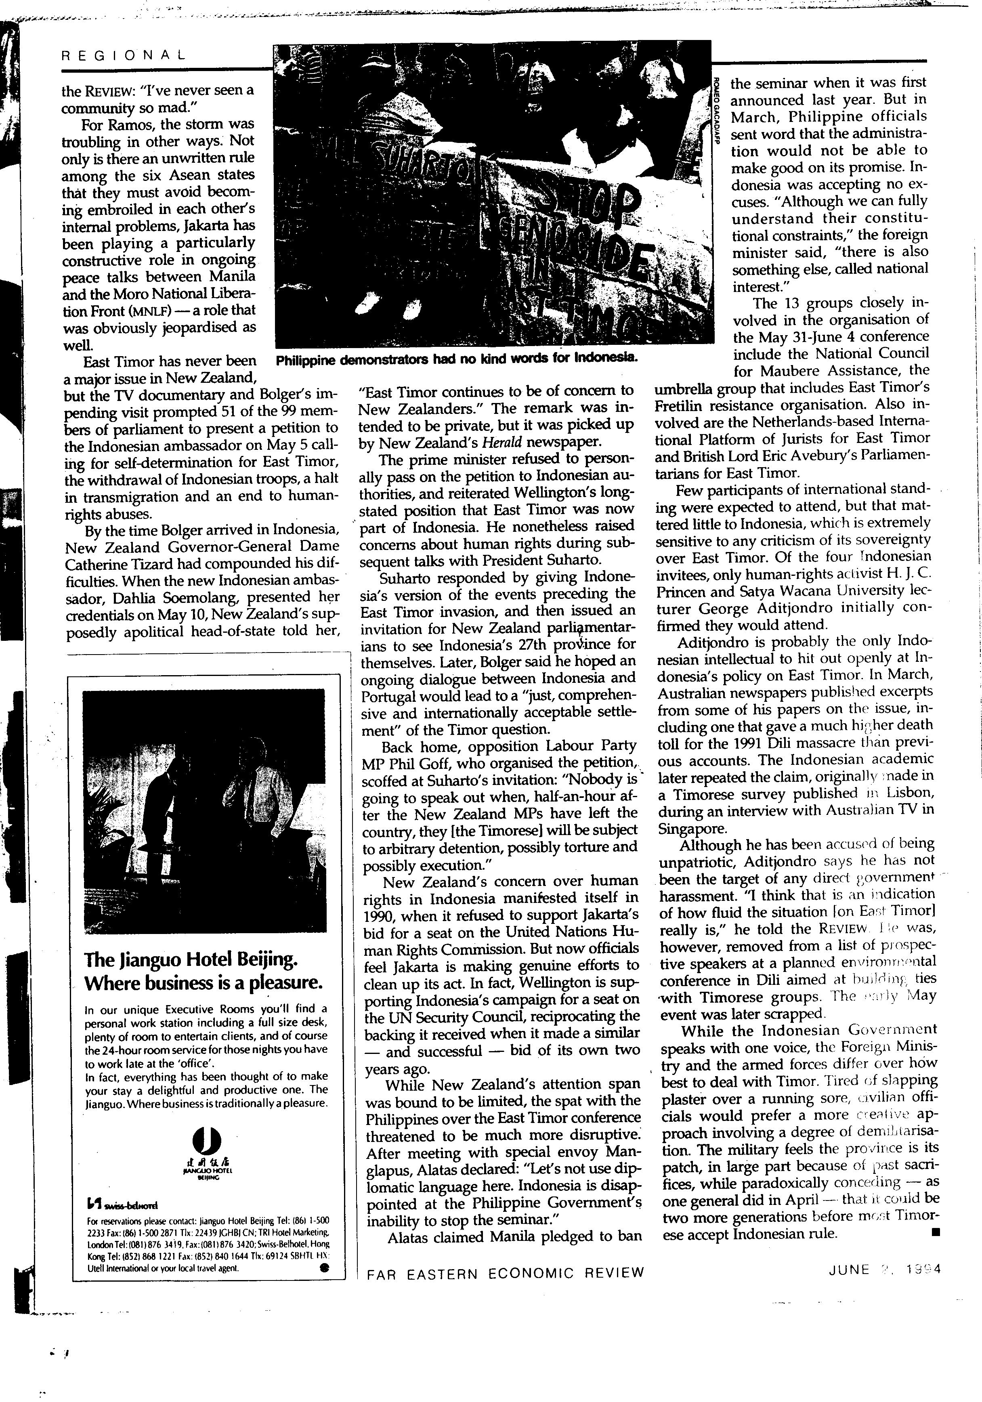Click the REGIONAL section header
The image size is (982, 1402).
pos(124,55)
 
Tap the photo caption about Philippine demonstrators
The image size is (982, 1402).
pos(457,359)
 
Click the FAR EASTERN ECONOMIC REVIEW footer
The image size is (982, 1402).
pos(505,1272)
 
